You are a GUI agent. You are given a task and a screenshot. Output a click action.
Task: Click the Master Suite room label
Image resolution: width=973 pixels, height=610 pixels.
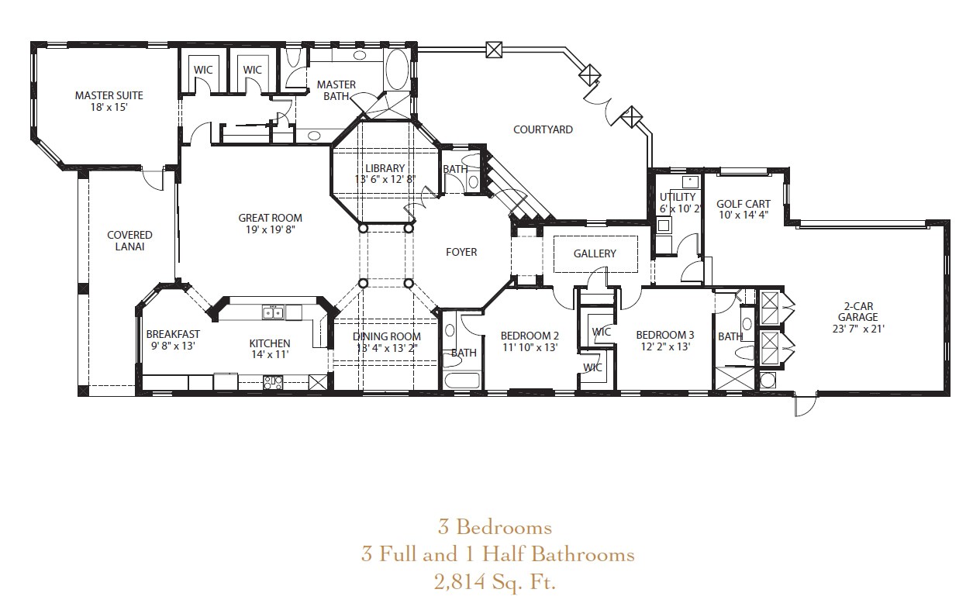coord(109,95)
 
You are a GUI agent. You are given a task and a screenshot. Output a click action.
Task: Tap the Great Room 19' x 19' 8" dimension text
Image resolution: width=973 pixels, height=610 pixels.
coord(270,229)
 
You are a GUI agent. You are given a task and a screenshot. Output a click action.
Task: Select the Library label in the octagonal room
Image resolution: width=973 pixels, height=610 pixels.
coord(385,168)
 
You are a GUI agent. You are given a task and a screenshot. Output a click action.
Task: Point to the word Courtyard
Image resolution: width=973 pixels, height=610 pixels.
coord(543,129)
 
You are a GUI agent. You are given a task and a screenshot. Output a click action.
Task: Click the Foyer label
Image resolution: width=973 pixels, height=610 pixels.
coord(461,252)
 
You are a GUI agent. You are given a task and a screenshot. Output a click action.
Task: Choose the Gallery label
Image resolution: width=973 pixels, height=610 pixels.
coord(595,253)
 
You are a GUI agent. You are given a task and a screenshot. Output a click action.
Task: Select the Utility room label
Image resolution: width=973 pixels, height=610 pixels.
coord(678,197)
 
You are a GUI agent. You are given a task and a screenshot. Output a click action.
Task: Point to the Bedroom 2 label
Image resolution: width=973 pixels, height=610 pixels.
coord(531,335)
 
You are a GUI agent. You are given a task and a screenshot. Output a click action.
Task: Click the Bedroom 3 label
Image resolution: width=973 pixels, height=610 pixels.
coord(664,335)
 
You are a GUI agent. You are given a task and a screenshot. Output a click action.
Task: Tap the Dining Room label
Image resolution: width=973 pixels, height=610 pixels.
coord(387,336)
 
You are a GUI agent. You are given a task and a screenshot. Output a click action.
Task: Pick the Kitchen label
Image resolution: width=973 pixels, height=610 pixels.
coord(269,343)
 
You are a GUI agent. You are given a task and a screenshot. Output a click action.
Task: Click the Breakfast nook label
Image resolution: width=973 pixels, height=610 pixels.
coord(173,334)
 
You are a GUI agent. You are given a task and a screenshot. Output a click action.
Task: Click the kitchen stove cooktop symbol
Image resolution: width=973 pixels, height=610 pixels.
coord(272,381)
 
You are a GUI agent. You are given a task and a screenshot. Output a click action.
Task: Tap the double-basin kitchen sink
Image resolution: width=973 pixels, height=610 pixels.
coord(271,312)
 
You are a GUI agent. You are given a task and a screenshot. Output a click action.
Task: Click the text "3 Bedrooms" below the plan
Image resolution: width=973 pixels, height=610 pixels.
coord(495,527)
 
